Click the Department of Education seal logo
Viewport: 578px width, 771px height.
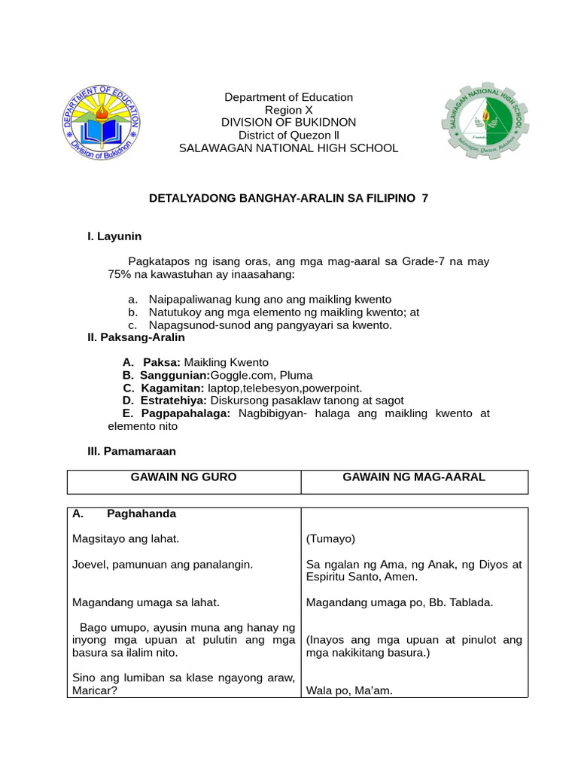(x=101, y=123)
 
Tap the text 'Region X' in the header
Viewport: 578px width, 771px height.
(x=288, y=110)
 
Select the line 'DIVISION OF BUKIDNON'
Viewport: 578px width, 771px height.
(x=288, y=123)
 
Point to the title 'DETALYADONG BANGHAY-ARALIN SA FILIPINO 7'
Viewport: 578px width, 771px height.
(x=288, y=197)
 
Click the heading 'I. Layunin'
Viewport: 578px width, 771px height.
(x=114, y=236)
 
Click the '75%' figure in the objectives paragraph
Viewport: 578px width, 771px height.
(x=120, y=274)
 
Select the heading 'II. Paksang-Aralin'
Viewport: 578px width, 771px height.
(x=136, y=337)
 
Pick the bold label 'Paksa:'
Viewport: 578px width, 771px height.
(x=162, y=362)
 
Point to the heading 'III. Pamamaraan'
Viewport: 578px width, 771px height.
(x=132, y=451)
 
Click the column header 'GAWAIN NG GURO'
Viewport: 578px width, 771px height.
(x=184, y=477)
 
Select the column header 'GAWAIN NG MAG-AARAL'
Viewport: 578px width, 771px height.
(x=414, y=477)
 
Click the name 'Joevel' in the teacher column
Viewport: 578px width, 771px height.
(x=90, y=564)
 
